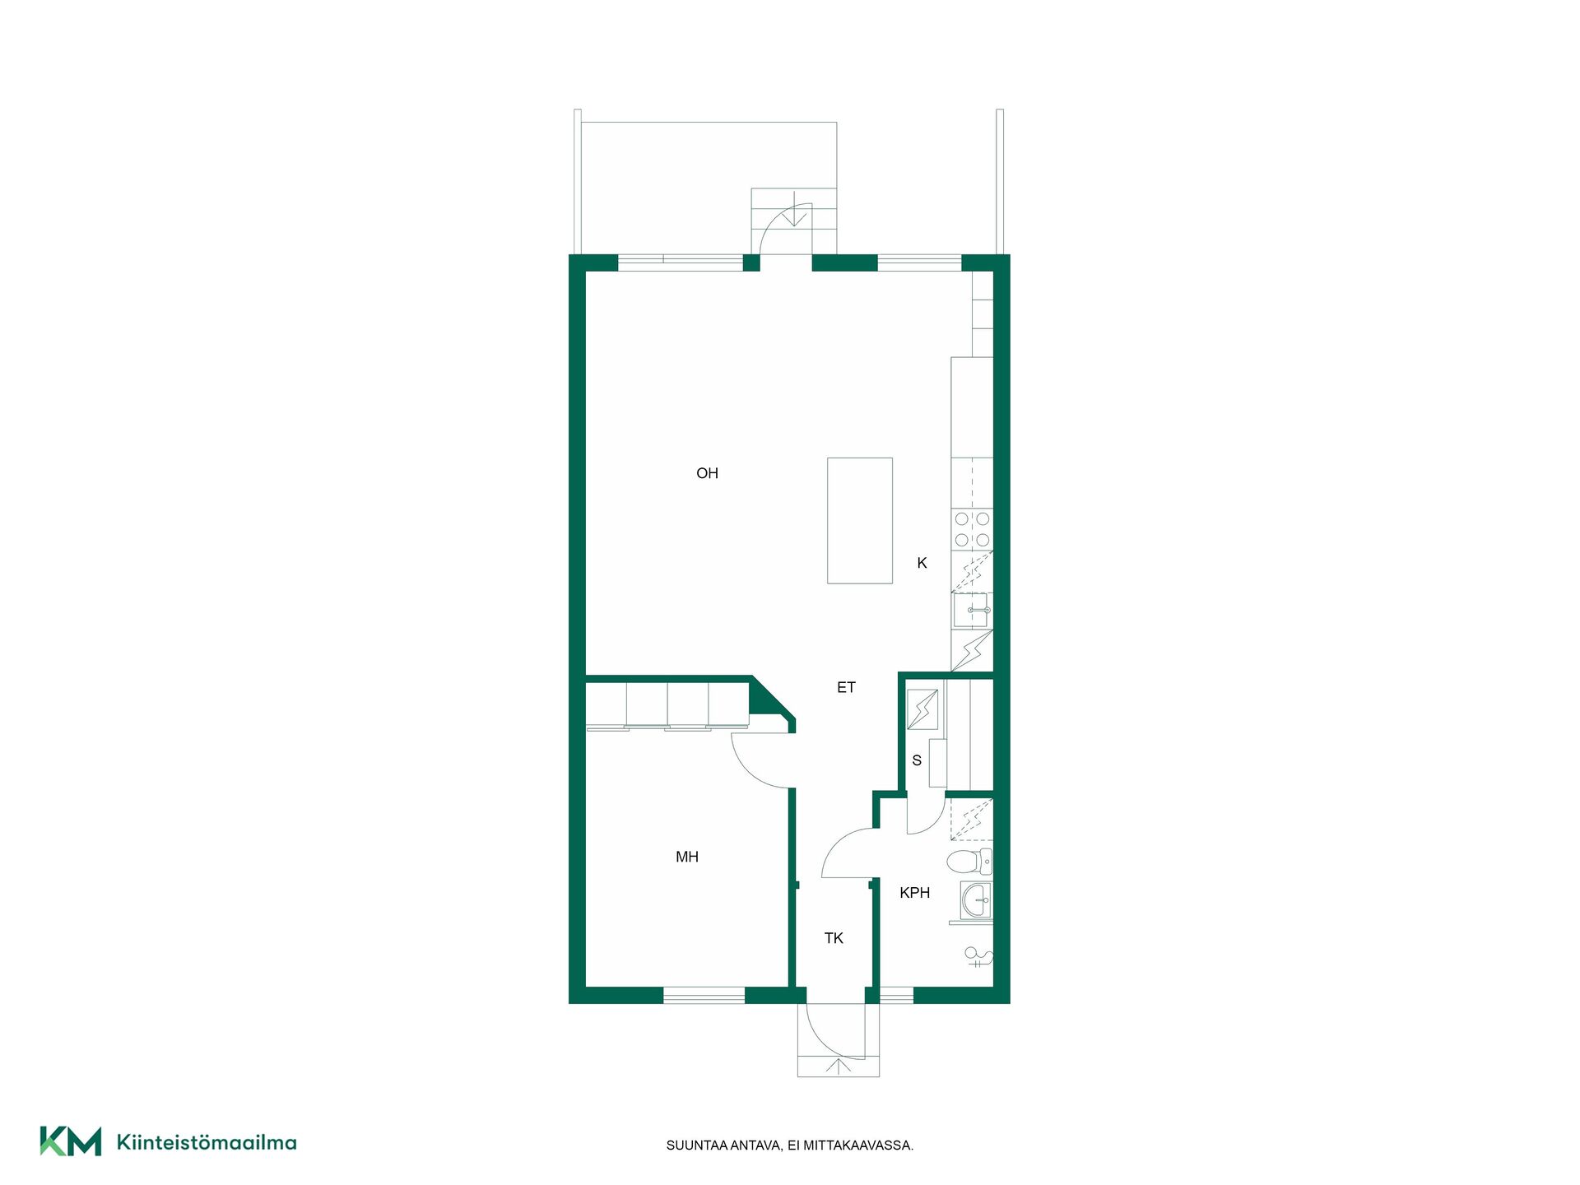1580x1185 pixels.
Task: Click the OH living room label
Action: pyautogui.click(x=707, y=473)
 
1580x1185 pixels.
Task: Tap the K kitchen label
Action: pyautogui.click(x=922, y=563)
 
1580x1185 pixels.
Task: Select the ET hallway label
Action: pyautogui.click(x=846, y=687)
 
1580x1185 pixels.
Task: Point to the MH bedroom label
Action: pyautogui.click(x=687, y=857)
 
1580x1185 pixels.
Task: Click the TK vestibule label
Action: pyautogui.click(x=834, y=938)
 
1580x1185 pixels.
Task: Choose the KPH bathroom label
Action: pyautogui.click(x=915, y=893)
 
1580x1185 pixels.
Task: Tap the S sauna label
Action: pyautogui.click(x=917, y=760)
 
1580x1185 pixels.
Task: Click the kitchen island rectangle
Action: pyautogui.click(x=860, y=521)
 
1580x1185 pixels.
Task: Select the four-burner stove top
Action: pyautogui.click(x=972, y=529)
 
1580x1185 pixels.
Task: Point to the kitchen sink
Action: pyautogui.click(x=972, y=611)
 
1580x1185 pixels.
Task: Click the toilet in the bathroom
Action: pyautogui.click(x=969, y=862)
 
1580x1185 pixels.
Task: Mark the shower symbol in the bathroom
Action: pyautogui.click(x=978, y=956)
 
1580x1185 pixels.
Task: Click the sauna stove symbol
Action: pyautogui.click(x=922, y=709)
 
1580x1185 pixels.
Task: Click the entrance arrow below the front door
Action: pyautogui.click(x=839, y=1066)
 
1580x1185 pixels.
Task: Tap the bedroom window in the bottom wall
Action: pyautogui.click(x=704, y=996)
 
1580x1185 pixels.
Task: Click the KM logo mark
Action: pyautogui.click(x=71, y=1141)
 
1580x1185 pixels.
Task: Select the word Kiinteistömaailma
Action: pyautogui.click(x=207, y=1142)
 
